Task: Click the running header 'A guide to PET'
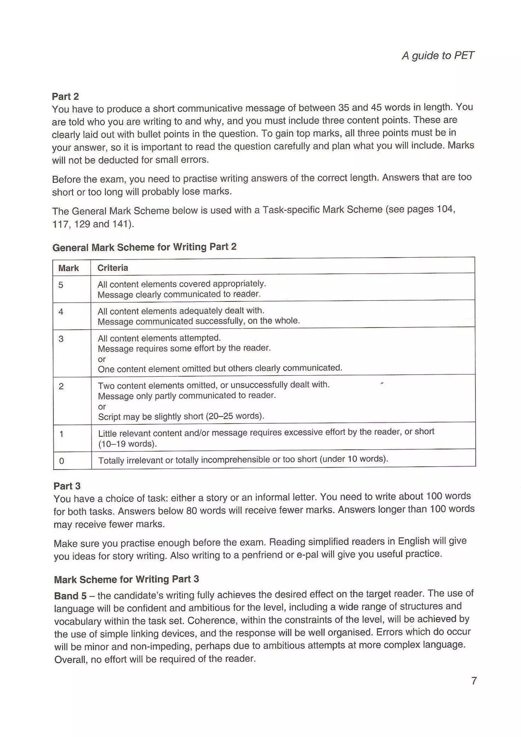point(438,55)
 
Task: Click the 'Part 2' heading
point(65,96)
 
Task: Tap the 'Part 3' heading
point(67,486)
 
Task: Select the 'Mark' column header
point(68,268)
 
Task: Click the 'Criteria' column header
point(113,268)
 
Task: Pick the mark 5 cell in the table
point(61,285)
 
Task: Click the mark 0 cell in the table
point(62,461)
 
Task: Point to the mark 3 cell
point(61,339)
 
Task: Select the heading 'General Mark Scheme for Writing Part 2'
point(144,247)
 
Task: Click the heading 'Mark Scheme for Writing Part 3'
point(126,579)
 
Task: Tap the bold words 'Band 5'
point(70,596)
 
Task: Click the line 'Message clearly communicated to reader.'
point(179,294)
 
